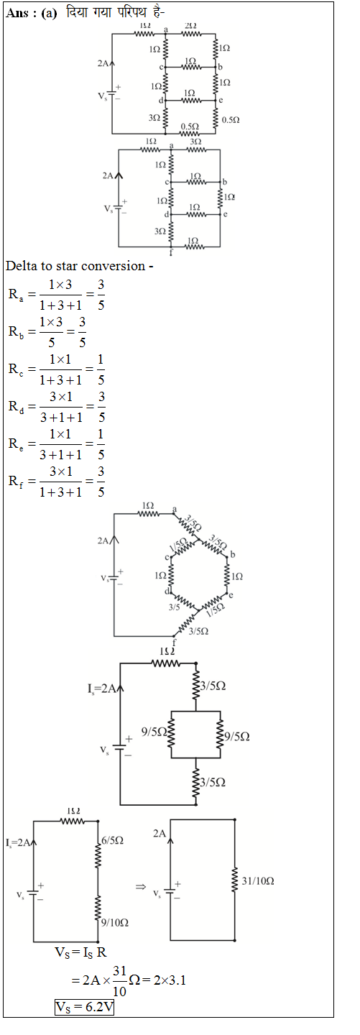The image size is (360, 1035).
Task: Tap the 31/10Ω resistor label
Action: pos(258,881)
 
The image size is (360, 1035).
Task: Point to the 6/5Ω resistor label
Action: pos(112,840)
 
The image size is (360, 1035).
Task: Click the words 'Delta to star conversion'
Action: pos(75,266)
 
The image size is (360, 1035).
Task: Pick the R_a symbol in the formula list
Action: pos(17,295)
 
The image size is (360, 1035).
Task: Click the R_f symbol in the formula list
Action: pos(17,482)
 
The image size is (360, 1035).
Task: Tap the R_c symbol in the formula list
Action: pos(17,369)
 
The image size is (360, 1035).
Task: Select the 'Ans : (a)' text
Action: pos(32,13)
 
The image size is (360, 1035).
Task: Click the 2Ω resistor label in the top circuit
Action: pos(191,26)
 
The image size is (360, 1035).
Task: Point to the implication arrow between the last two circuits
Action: pos(141,887)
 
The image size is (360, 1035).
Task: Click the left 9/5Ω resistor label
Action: pos(154,732)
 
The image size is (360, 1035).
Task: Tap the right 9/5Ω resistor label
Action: pos(237,737)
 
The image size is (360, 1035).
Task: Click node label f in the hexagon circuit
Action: pos(174,643)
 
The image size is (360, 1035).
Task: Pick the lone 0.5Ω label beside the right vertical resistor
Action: pos(231,120)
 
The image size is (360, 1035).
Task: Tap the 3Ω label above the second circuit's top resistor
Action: pos(195,141)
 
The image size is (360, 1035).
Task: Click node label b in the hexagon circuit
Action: pos(232,554)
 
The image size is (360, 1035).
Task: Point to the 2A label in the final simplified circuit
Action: pos(160,833)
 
